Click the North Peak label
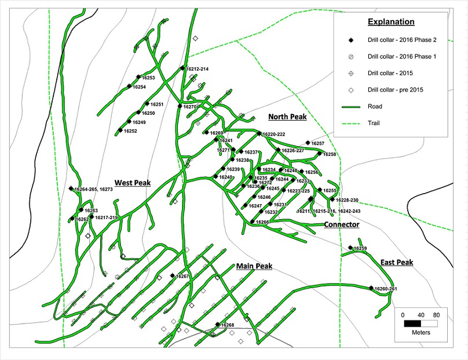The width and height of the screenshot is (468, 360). (x=287, y=117)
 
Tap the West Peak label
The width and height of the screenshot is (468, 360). (x=133, y=183)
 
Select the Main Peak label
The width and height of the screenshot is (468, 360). (x=254, y=266)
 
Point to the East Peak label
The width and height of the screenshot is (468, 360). (x=397, y=263)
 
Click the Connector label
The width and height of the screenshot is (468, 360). (x=341, y=224)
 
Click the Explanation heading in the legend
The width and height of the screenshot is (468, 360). (x=392, y=22)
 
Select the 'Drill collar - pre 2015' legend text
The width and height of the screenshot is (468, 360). (x=394, y=90)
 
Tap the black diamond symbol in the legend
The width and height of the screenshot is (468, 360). (x=350, y=39)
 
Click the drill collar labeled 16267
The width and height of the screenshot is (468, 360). (x=173, y=276)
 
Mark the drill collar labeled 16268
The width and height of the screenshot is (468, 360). (x=217, y=325)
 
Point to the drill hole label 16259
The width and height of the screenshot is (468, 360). (x=360, y=248)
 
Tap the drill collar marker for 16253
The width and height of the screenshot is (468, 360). (x=138, y=77)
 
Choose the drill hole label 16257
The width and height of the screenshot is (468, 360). (x=318, y=143)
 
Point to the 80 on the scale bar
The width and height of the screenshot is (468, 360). (x=437, y=315)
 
